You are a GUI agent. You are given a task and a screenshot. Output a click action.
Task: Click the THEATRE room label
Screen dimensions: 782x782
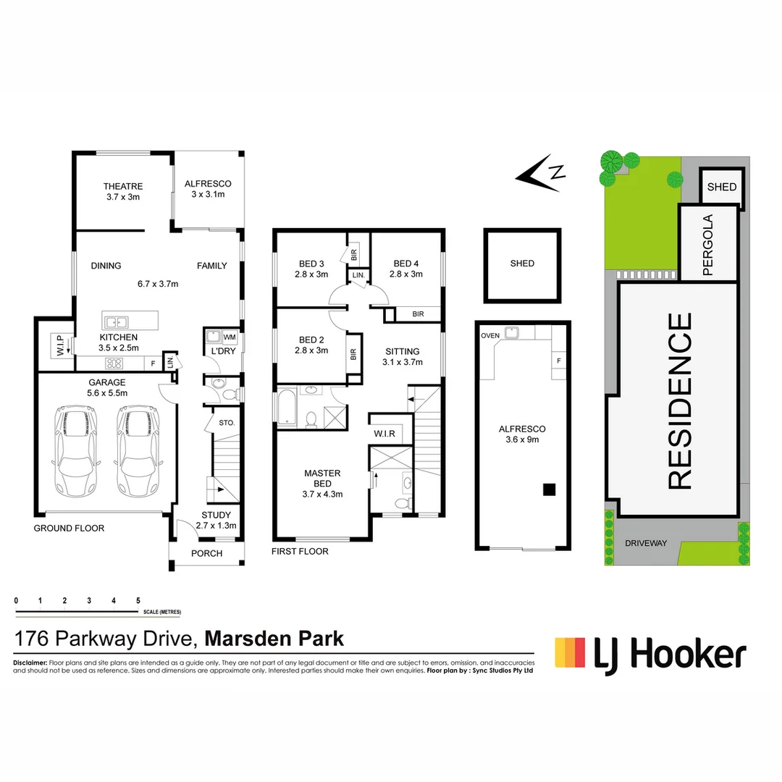(122, 186)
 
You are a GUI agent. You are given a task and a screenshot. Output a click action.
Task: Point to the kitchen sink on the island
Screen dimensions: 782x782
(116, 321)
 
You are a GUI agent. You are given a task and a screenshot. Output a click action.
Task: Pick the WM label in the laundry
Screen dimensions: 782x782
(230, 337)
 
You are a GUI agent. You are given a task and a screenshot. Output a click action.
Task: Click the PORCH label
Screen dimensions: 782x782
(206, 553)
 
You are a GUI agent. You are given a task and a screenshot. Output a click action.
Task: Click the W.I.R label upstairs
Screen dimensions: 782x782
(384, 434)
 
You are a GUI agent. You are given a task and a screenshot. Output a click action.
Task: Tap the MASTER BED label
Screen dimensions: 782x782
(322, 479)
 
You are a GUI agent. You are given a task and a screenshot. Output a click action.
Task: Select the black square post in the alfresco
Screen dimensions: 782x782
(550, 489)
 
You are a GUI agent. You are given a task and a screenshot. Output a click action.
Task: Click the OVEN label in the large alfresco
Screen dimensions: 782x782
(491, 335)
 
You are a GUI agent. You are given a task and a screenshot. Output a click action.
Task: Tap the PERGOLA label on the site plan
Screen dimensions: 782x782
(708, 245)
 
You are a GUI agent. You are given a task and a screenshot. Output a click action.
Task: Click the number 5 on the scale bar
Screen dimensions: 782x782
(138, 601)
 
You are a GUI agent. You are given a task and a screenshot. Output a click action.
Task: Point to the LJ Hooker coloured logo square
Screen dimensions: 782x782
(570, 652)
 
